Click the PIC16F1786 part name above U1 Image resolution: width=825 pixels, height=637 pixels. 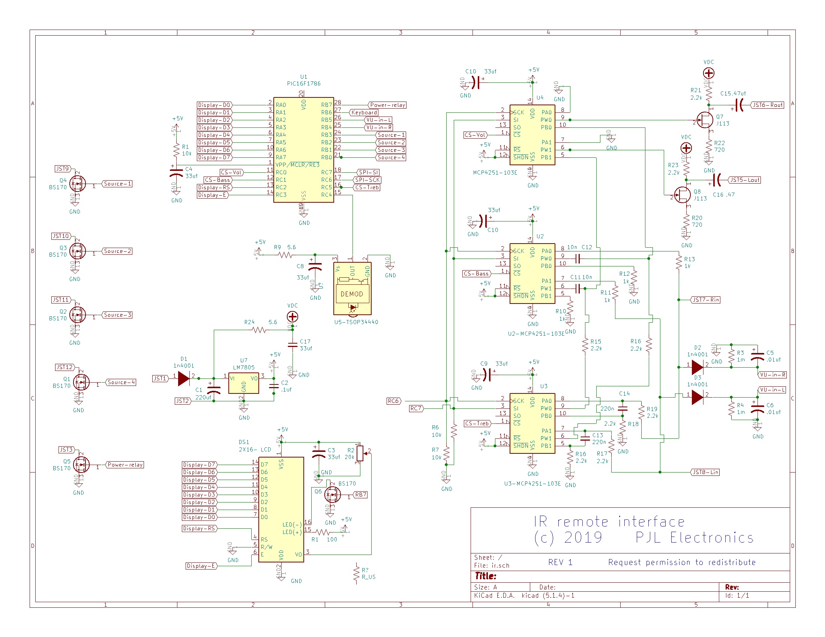[x=304, y=84]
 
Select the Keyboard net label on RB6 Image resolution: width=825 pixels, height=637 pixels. [x=364, y=112]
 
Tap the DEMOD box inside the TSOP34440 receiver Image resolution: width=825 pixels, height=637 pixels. [x=352, y=294]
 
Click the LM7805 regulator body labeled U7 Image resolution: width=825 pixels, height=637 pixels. [x=244, y=383]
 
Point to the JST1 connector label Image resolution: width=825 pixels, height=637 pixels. [x=160, y=378]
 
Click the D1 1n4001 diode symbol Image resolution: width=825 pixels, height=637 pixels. [x=184, y=378]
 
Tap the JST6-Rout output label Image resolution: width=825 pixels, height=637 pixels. [x=768, y=105]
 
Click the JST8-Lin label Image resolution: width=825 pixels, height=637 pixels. [x=705, y=472]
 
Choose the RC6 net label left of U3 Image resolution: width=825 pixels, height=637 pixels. [x=393, y=401]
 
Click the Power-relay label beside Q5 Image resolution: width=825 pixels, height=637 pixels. [x=125, y=465]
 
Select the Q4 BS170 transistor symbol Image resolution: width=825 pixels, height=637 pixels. [x=78, y=184]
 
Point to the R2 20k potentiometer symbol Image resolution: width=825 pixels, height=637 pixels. [x=360, y=453]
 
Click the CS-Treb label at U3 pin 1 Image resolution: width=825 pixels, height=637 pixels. [x=477, y=423]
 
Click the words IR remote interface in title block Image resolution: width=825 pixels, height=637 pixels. [x=609, y=522]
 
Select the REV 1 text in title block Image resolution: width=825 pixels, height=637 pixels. [x=560, y=562]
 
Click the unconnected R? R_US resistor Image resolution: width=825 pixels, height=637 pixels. [x=356, y=573]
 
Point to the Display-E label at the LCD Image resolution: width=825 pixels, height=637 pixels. [x=201, y=566]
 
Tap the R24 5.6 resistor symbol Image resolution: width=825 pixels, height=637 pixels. [x=259, y=330]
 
